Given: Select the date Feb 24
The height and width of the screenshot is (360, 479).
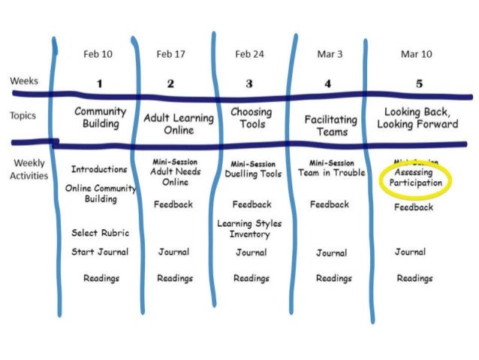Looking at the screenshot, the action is click(x=250, y=53).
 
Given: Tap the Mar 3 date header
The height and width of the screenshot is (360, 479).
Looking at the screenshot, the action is click(x=327, y=53).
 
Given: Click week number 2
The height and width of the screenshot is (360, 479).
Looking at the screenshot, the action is click(x=170, y=83).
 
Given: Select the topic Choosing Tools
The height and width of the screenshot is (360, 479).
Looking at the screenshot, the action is click(x=252, y=118).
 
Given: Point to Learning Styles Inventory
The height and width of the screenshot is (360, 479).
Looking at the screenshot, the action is click(x=250, y=228).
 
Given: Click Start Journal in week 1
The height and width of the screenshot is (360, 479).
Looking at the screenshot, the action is click(x=99, y=252).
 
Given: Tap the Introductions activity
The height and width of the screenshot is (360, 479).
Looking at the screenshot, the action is click(x=98, y=169).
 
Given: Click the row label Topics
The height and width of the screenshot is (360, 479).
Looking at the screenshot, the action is click(x=24, y=116).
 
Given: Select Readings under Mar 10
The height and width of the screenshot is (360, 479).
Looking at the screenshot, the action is click(x=414, y=278).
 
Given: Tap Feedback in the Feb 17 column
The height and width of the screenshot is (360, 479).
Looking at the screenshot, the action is click(x=173, y=204).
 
